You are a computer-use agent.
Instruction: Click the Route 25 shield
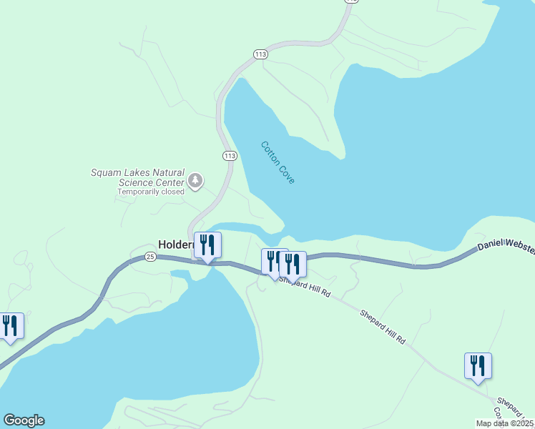coord(149,256)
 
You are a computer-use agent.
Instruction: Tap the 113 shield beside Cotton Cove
coord(229,155)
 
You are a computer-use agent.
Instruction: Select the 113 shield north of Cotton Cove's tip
coord(260,54)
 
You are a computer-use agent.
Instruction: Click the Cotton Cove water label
coord(278,162)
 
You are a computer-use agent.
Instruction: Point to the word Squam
coord(104,172)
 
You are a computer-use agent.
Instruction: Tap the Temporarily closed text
coord(151,192)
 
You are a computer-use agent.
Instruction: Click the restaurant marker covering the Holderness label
coord(207,245)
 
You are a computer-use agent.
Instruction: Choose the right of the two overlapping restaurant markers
coord(293,264)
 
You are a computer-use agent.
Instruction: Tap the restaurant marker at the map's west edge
coord(10,326)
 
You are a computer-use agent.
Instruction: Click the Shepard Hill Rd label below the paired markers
coord(306,288)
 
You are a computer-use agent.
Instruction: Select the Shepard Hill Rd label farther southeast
coord(382,327)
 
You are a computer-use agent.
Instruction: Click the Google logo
coord(24,420)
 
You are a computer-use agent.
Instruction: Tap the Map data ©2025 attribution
coord(505,423)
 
